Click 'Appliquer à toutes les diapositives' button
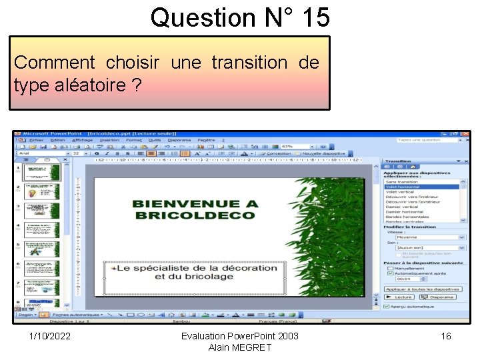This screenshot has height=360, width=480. tap(423, 289)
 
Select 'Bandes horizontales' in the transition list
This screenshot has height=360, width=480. tap(407, 217)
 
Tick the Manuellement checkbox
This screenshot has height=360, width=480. tap(390, 269)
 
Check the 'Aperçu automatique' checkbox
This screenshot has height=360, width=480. tap(387, 307)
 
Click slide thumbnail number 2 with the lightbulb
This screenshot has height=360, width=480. tap(41, 191)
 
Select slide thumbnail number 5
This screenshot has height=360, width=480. tap(41, 249)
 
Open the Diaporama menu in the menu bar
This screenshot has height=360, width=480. tap(179, 140)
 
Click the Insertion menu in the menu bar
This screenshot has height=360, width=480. tap(109, 140)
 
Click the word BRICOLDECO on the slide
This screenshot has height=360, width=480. tap(195, 215)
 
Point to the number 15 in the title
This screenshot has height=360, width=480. tap(315, 17)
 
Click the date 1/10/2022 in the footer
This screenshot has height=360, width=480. tap(50, 336)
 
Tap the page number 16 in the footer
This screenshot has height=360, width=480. tap(446, 336)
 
